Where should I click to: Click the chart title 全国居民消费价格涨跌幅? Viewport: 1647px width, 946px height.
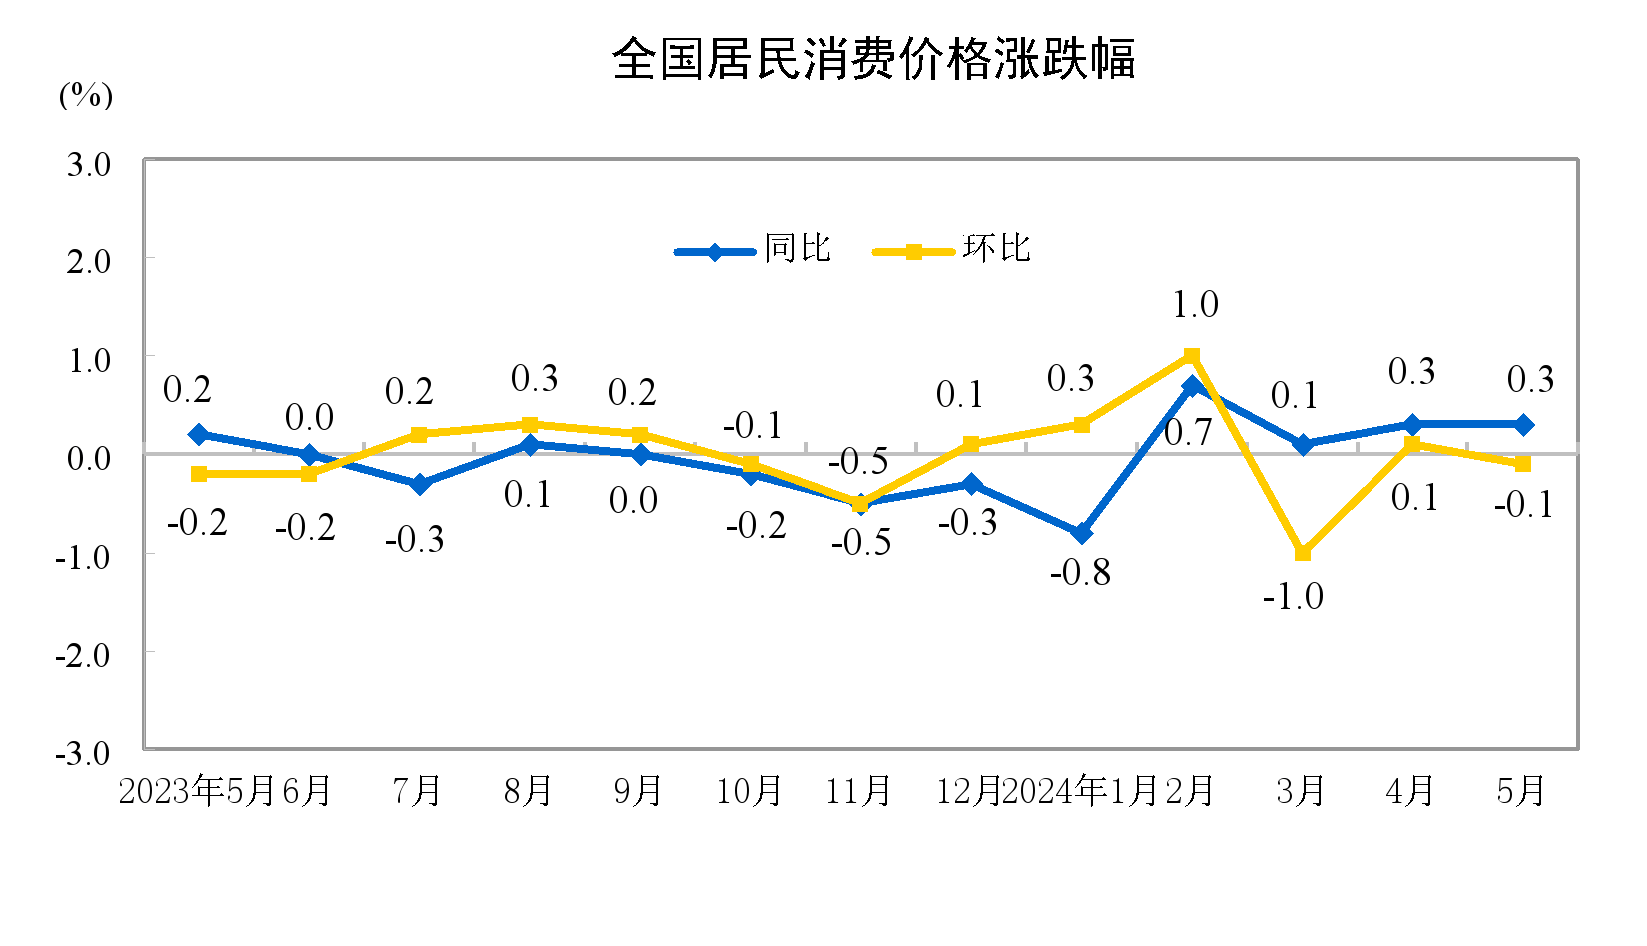pyautogui.click(x=873, y=59)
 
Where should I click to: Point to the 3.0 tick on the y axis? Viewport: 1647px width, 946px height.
pyautogui.click(x=89, y=164)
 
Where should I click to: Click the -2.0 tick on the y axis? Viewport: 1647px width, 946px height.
pyautogui.click(x=84, y=655)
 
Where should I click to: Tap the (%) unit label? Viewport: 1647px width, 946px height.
pyautogui.click(x=86, y=95)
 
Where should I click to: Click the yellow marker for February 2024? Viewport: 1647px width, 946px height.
pyautogui.click(x=1191, y=356)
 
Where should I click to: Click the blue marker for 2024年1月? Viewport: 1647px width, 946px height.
pyautogui.click(x=1081, y=533)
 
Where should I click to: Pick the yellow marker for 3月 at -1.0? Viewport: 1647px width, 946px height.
pyautogui.click(x=1302, y=552)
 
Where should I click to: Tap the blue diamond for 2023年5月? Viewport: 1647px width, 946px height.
pyautogui.click(x=199, y=434)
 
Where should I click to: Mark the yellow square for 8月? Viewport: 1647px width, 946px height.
pyautogui.click(x=530, y=425)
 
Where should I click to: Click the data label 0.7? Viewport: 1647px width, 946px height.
pyautogui.click(x=1188, y=432)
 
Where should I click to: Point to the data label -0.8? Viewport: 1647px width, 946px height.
pyautogui.click(x=1080, y=572)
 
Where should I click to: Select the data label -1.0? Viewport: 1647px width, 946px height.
pyautogui.click(x=1293, y=597)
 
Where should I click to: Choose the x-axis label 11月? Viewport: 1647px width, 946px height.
pyautogui.click(x=858, y=791)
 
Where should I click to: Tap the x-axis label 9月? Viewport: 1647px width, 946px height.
pyautogui.click(x=638, y=791)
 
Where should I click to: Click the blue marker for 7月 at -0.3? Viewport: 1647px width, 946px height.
pyautogui.click(x=419, y=484)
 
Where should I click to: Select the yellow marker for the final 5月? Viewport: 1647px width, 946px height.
pyautogui.click(x=1522, y=464)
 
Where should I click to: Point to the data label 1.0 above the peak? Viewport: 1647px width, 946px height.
pyautogui.click(x=1195, y=305)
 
